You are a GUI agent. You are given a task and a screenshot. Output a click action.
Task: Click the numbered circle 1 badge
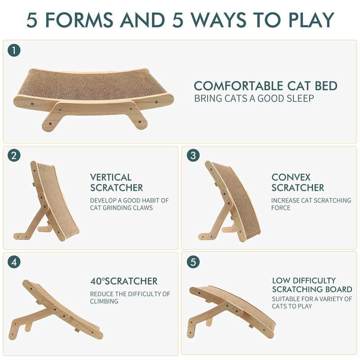[x=14, y=50]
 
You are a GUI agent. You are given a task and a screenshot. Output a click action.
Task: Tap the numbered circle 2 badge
[x=14, y=155]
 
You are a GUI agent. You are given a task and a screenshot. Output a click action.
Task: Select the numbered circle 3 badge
[x=193, y=155]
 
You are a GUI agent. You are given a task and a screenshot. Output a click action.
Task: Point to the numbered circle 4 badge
[x=14, y=262]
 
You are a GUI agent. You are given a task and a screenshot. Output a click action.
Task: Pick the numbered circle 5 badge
[x=193, y=262]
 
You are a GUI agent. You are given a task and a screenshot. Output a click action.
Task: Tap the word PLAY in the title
[x=311, y=20]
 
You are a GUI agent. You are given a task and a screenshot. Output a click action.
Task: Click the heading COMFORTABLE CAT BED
[x=265, y=86]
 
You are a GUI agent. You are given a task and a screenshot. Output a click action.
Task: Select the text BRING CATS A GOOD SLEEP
[x=254, y=98]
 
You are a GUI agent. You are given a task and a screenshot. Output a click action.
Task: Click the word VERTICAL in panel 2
[x=111, y=177]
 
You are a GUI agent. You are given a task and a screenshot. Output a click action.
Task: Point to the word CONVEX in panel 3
[x=291, y=177]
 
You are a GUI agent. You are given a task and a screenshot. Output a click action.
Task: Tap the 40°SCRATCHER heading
[x=124, y=281]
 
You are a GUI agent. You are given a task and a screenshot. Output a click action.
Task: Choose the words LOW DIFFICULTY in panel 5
[x=304, y=280]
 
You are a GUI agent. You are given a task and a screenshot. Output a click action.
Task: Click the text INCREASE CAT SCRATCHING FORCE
[x=311, y=204]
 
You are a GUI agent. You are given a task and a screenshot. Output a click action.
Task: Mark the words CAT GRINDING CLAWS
[x=121, y=208]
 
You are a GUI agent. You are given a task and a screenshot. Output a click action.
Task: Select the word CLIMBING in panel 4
[x=104, y=301]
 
